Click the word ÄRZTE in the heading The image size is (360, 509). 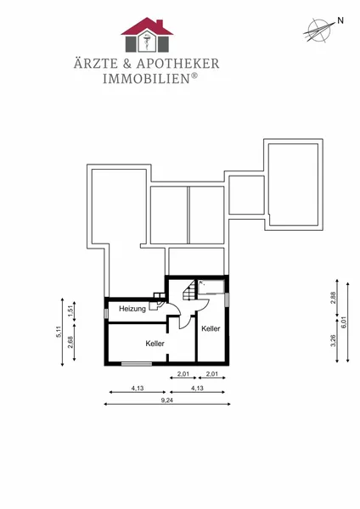(x=96, y=64)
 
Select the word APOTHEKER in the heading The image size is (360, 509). (x=177, y=64)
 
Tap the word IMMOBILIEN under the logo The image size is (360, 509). (x=146, y=79)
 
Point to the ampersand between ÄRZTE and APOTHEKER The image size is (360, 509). (x=127, y=64)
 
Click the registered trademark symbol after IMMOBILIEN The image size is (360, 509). (x=194, y=76)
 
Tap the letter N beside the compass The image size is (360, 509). (x=340, y=20)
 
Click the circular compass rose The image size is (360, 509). (x=318, y=31)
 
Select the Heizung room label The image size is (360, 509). (x=132, y=309)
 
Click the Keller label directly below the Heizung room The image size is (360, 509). (x=155, y=344)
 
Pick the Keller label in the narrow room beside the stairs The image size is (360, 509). (x=211, y=328)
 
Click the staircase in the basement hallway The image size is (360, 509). (x=188, y=290)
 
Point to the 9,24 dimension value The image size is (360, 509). (x=167, y=400)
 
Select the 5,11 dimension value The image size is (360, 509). (x=59, y=332)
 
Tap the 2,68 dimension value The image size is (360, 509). (x=70, y=342)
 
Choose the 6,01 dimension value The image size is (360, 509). (x=344, y=322)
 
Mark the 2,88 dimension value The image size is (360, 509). (x=333, y=298)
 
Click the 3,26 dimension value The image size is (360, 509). (x=333, y=340)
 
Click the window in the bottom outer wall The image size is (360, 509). (x=137, y=364)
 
